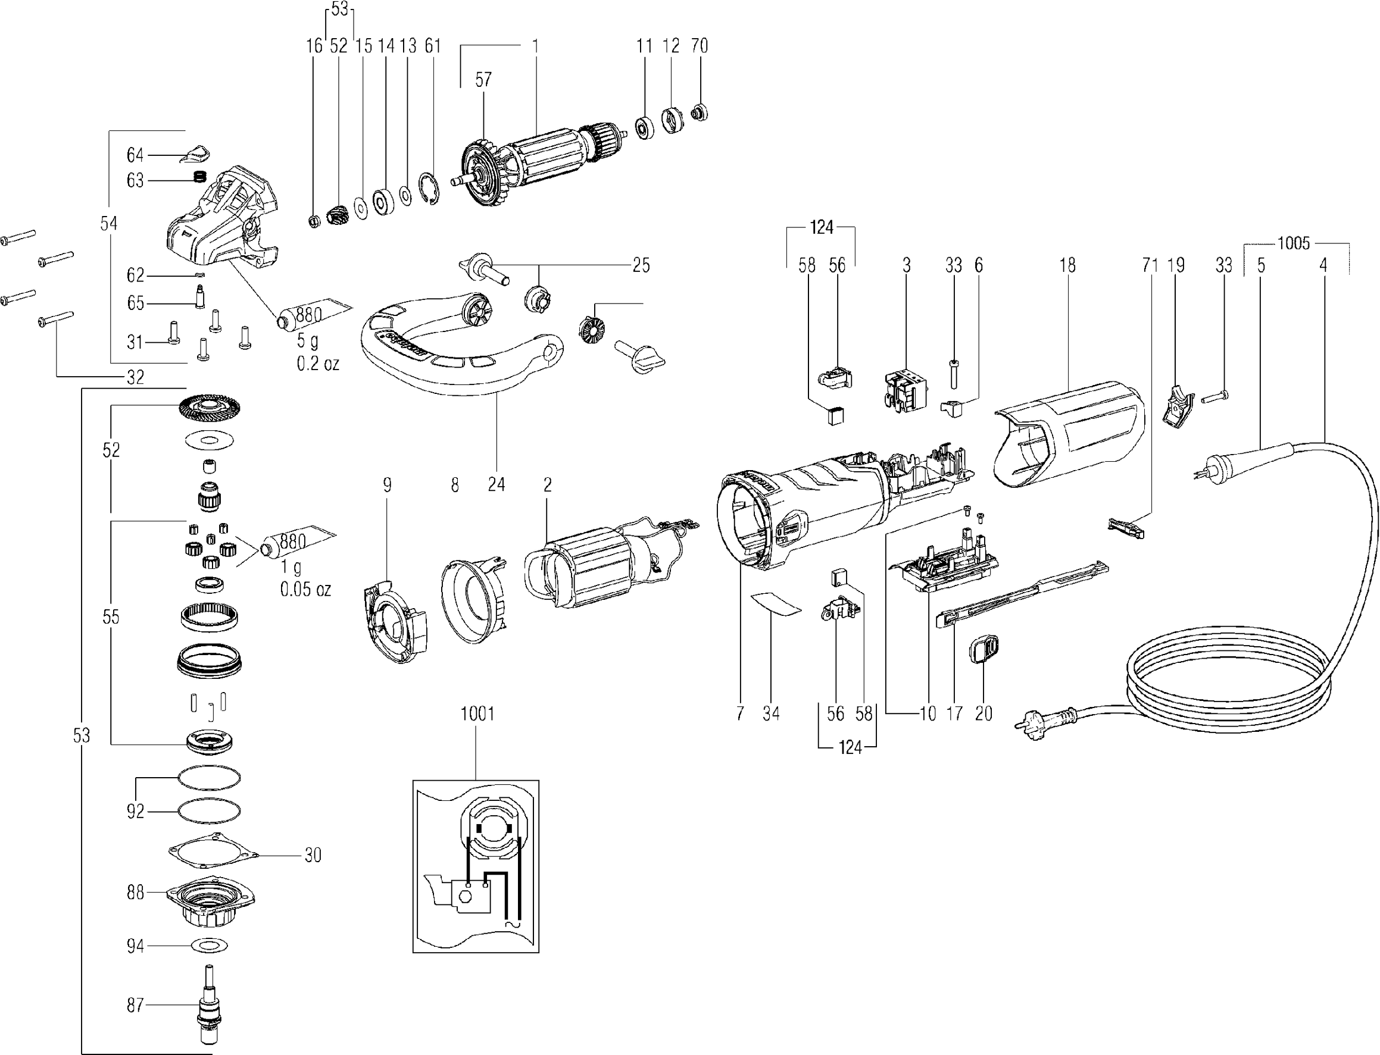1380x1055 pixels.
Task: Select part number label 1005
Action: point(1293,243)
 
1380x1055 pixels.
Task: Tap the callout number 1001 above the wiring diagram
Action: point(477,714)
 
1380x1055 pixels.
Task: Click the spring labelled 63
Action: point(199,177)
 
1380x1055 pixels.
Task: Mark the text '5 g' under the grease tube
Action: point(307,341)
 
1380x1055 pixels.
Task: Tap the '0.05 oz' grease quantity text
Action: point(305,589)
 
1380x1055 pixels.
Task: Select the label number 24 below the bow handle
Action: point(497,485)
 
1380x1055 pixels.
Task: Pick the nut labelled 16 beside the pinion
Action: point(316,220)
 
